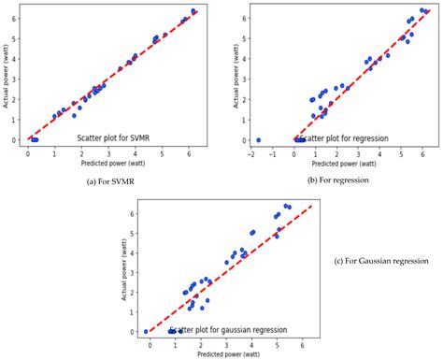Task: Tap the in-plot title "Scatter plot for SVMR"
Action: (x=121, y=137)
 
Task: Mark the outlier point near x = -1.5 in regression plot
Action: (x=258, y=140)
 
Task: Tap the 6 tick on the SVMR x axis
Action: (x=188, y=150)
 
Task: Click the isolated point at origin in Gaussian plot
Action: (x=146, y=331)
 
